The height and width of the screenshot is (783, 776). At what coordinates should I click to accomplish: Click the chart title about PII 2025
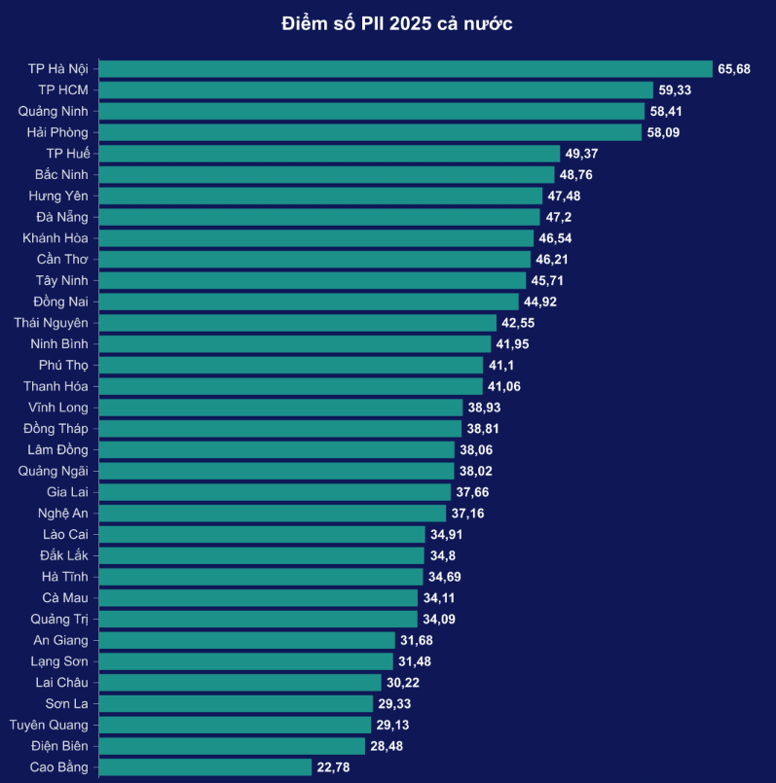[396, 23]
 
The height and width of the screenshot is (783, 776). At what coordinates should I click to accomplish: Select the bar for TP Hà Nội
[406, 69]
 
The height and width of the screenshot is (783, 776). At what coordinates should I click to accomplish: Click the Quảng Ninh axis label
[54, 111]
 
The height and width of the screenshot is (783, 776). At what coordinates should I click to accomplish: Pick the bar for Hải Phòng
[371, 132]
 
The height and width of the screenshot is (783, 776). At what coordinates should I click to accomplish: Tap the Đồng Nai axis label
[60, 302]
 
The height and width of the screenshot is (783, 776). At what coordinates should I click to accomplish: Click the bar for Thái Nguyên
[298, 323]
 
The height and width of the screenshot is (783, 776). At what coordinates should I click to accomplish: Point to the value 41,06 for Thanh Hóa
[506, 386]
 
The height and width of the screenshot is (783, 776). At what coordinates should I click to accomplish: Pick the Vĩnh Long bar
[281, 408]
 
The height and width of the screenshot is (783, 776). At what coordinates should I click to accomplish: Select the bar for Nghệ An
[276, 513]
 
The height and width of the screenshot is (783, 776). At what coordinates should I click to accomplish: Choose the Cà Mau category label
[65, 597]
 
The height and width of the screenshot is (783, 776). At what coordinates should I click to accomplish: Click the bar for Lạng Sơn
[247, 661]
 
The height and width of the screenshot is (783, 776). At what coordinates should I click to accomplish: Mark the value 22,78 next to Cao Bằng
[333, 767]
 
